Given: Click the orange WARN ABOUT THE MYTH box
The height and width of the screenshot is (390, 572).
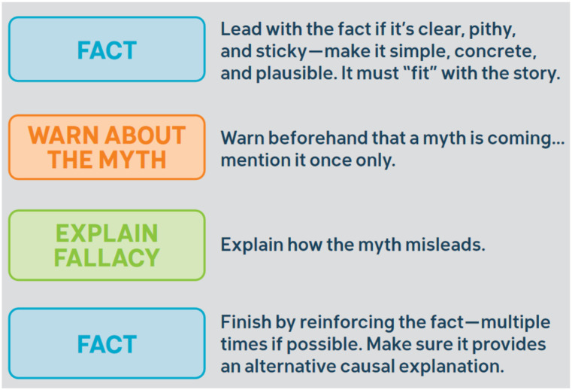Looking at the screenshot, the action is tap(107, 147).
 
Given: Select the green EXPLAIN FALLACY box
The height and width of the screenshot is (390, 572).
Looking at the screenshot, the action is tap(107, 245).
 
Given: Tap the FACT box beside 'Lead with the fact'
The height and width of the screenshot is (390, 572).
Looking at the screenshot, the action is tap(107, 50).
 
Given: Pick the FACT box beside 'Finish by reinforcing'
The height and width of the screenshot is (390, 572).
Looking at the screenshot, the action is tap(107, 343).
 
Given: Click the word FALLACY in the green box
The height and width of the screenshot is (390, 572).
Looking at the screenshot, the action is tap(107, 257).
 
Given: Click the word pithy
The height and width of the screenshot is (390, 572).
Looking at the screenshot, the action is tap(492, 30).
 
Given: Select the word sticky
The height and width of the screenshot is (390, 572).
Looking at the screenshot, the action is tap(281, 52).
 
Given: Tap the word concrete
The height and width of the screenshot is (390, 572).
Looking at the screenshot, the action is tap(495, 51).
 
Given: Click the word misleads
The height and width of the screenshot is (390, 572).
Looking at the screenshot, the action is tap(445, 245).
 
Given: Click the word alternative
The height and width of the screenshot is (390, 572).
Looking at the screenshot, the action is tap(290, 366).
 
